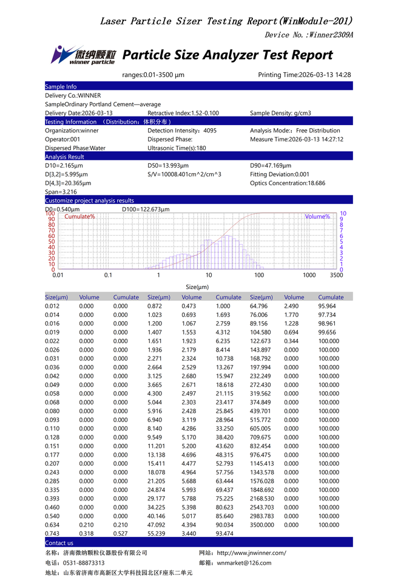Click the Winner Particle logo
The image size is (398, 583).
coord(83,55)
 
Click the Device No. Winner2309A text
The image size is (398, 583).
coord(309,35)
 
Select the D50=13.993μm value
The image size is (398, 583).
coord(168,166)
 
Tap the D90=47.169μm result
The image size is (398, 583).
coord(271,166)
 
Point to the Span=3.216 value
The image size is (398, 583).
coord(61,192)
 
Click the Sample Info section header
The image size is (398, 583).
coord(61,87)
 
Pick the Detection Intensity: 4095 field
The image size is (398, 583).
coord(182,131)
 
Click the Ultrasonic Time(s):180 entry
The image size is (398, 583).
coord(177,148)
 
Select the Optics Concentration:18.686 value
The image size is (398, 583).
coord(287,183)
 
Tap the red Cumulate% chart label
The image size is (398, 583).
coord(79,217)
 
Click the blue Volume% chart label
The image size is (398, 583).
coord(317,217)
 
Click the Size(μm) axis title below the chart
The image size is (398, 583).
coord(197,287)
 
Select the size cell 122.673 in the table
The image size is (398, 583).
coord(261,341)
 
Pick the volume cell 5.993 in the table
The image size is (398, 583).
coord(191,490)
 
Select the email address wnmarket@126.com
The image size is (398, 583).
coord(244,563)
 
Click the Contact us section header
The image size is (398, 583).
coord(59,543)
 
